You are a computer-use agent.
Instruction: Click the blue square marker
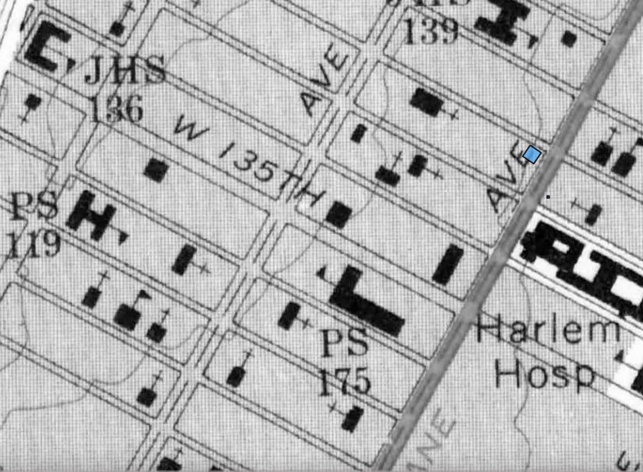click(532, 154)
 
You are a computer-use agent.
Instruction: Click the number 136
click(116, 108)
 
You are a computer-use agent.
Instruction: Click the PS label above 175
click(345, 342)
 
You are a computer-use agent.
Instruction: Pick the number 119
click(34, 244)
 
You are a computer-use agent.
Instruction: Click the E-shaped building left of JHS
click(48, 45)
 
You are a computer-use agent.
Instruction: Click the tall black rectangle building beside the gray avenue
click(448, 264)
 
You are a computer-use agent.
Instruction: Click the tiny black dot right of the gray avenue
click(548, 197)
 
